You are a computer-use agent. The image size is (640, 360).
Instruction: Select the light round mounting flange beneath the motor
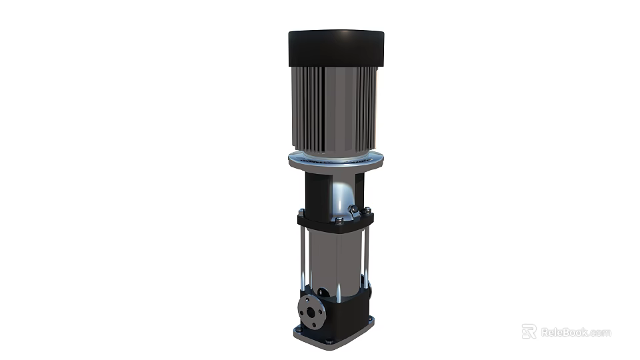coord(337,161)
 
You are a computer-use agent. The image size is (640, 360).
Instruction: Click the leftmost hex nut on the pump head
coord(301,213)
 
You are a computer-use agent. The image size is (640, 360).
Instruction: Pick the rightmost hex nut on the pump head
coord(367,211)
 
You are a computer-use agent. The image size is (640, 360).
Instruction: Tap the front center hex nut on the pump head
coord(339,221)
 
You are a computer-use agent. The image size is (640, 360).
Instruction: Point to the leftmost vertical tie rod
coord(303,257)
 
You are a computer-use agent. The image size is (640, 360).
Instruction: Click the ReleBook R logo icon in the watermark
coord(529,331)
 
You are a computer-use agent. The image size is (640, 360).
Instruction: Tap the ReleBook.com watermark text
coord(575,332)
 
